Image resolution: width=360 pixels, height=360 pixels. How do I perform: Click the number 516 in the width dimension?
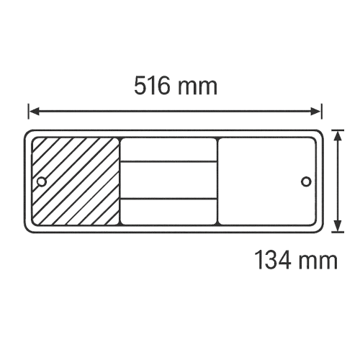tap(152, 86)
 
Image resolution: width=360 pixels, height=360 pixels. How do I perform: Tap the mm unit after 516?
tap(197, 88)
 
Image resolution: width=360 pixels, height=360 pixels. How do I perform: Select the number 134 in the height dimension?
tap(273, 259)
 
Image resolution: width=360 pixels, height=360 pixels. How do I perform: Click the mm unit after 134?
tap(319, 262)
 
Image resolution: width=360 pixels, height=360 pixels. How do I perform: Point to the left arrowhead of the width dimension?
tap(34, 112)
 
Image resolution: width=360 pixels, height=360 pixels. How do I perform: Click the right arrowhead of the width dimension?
tap(315, 112)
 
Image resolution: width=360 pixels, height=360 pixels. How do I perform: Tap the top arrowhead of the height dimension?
tap(338, 136)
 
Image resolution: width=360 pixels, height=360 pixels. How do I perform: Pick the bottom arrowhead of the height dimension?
tap(338, 226)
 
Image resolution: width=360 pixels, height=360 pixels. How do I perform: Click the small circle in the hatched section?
tap(42, 181)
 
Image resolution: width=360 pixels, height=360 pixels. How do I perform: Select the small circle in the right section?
tap(306, 181)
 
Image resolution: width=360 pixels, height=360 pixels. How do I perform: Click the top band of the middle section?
tap(168, 150)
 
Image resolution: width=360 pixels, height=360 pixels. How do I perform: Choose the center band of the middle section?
tap(168, 180)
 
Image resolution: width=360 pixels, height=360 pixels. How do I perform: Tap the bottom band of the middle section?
tap(168, 212)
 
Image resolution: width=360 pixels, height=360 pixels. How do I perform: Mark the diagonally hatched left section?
tap(76, 181)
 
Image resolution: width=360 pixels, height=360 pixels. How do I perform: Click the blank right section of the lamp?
tap(266, 181)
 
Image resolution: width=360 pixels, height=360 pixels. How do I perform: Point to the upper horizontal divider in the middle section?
tap(168, 162)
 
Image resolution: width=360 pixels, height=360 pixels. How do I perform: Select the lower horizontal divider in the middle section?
tap(168, 199)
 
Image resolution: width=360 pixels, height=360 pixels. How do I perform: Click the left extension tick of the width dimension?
tap(29, 112)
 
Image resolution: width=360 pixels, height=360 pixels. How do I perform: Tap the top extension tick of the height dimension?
tap(338, 130)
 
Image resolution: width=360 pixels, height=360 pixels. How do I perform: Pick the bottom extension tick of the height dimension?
tap(338, 232)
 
